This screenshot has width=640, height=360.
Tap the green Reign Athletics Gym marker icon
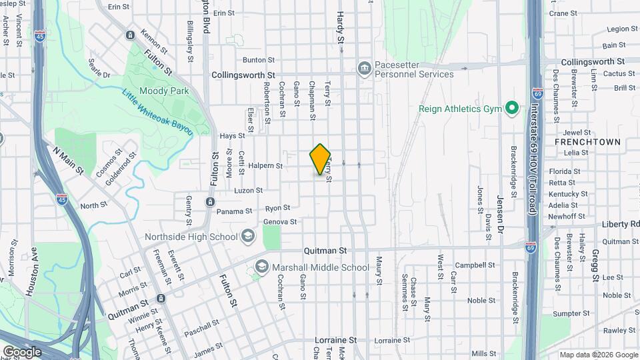tap(511, 108)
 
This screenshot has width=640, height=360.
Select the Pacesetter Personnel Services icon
tap(364, 67)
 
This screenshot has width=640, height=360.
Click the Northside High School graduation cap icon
tap(248, 236)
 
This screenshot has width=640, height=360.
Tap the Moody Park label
tap(164, 91)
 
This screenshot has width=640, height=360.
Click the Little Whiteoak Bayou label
tap(157, 111)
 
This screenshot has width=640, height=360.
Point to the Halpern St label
tap(265, 165)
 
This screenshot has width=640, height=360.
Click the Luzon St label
tap(249, 191)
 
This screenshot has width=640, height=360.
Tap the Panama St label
tap(234, 211)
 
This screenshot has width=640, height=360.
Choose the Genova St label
tap(280, 221)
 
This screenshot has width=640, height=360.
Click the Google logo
tap(22, 351)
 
